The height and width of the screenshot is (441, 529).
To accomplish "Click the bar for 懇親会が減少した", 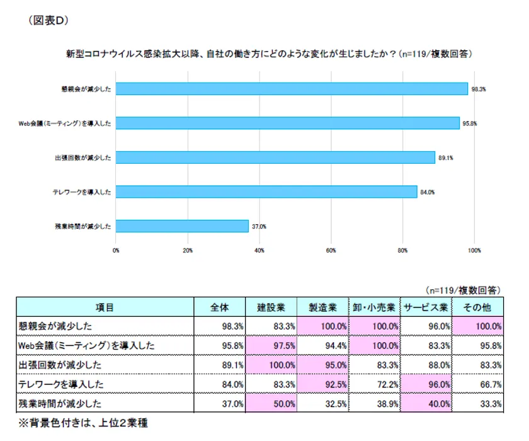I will [x=292, y=89].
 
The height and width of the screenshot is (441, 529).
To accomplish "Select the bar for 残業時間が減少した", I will [x=182, y=226].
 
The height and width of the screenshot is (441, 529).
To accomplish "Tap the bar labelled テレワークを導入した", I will [x=266, y=192].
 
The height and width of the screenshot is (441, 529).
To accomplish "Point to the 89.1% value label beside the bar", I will [x=446, y=158].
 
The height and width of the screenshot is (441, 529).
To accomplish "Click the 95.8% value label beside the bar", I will [x=470, y=123].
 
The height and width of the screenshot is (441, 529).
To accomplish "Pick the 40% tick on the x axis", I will [x=259, y=250].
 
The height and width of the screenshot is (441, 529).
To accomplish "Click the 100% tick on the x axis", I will [x=474, y=250].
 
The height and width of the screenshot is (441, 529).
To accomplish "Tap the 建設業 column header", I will [x=271, y=307].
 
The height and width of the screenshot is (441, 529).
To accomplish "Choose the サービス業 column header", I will [x=426, y=307].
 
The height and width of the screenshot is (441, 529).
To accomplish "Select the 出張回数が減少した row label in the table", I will [x=57, y=365].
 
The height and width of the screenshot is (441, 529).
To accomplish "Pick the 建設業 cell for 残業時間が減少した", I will [x=271, y=403].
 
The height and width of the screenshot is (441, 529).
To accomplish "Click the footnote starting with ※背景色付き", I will [x=82, y=423].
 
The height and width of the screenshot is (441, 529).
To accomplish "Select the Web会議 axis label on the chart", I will [x=65, y=123].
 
